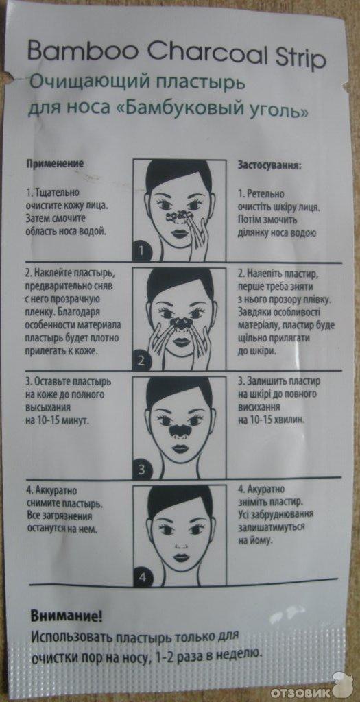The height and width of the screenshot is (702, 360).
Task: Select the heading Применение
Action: (56, 163)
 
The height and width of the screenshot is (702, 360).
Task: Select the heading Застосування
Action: (269, 165)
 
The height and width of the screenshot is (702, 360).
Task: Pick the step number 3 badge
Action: (141, 470)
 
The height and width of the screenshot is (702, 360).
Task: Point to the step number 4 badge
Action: (141, 578)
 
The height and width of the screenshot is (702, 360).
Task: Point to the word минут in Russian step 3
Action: (74, 422)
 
